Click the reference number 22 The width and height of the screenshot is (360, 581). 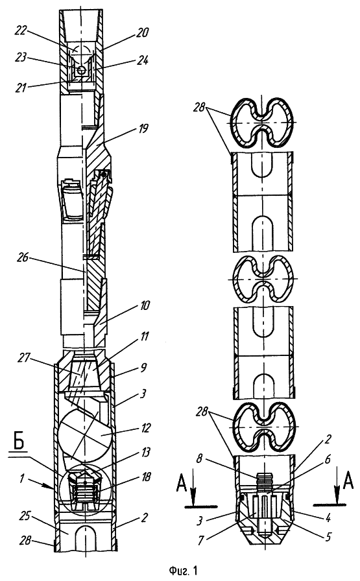tap(21, 30)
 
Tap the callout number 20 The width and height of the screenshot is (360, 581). tap(142, 32)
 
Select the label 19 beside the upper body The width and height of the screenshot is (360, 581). tap(142, 128)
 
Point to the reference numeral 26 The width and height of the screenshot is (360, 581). tap(24, 257)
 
